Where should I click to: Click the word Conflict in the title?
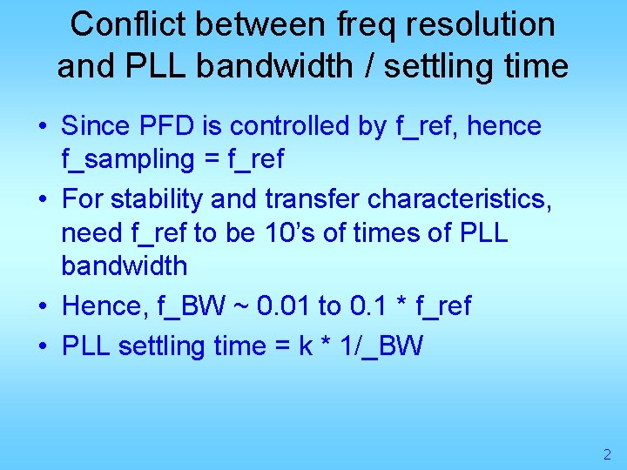[x=127, y=24]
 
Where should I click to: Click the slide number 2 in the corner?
[x=607, y=454]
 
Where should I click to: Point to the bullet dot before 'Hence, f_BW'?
[x=43, y=306]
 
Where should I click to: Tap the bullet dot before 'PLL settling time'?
[x=43, y=347]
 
